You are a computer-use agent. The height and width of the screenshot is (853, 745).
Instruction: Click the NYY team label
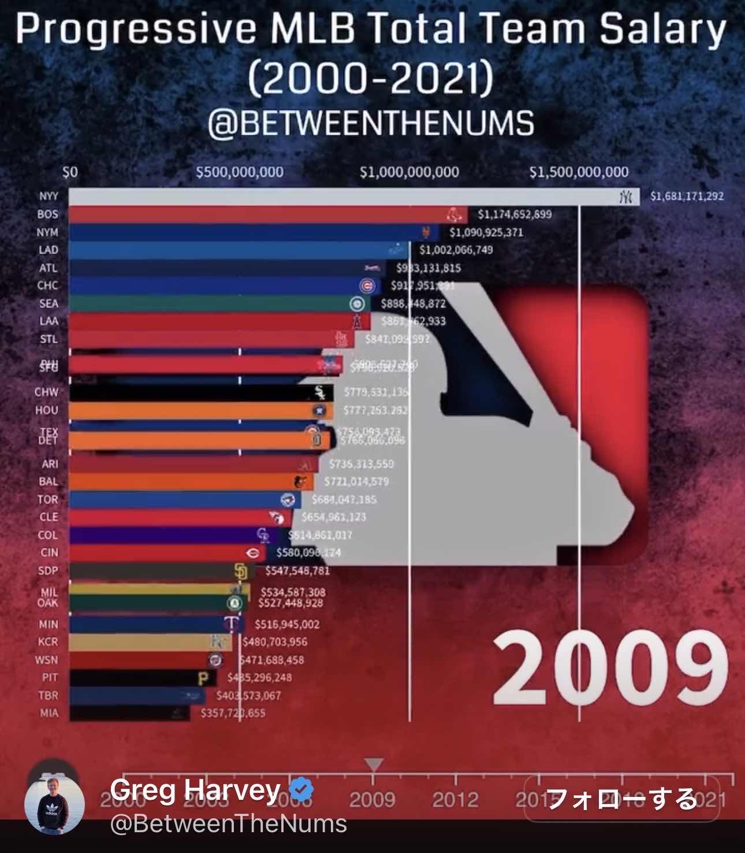pyautogui.click(x=49, y=196)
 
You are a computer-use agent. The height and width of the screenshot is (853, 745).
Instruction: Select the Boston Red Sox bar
pyautogui.click(x=260, y=214)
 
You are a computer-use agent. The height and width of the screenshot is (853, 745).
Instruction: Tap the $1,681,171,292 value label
pyautogui.click(x=687, y=196)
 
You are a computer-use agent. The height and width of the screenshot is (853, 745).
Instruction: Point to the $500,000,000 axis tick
pyautogui.click(x=240, y=172)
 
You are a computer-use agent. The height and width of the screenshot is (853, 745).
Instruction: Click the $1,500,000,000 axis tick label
pyautogui.click(x=579, y=172)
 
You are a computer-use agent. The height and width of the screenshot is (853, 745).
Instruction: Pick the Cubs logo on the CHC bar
pyautogui.click(x=367, y=285)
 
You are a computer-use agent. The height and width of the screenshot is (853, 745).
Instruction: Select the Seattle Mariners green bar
pyautogui.click(x=208, y=303)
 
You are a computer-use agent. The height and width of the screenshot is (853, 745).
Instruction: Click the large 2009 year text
pyautogui.click(x=609, y=668)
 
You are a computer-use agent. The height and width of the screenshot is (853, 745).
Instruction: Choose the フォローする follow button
pyautogui.click(x=621, y=799)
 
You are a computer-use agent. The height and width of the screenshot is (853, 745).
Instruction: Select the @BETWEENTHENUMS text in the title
pyautogui.click(x=371, y=124)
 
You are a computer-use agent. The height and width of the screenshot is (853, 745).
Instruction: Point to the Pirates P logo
pyautogui.click(x=203, y=678)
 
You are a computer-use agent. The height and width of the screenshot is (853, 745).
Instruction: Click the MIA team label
pyautogui.click(x=49, y=713)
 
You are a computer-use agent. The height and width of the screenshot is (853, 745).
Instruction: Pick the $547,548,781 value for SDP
pyautogui.click(x=297, y=571)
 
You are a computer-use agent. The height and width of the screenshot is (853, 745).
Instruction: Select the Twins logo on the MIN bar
pyautogui.click(x=232, y=624)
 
